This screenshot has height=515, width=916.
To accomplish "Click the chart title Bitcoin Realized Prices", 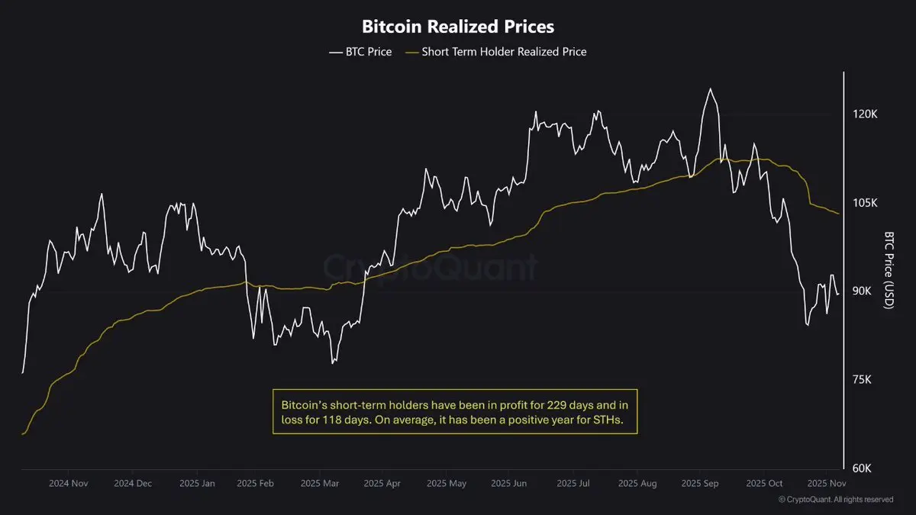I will [x=457, y=26].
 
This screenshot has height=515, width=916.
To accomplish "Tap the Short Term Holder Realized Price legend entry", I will [x=504, y=52].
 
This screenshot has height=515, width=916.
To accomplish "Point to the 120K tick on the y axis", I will [x=866, y=114].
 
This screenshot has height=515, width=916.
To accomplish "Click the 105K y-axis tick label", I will [x=866, y=203].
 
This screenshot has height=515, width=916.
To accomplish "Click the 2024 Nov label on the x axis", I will [x=69, y=484].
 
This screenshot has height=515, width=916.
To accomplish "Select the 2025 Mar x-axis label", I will [x=321, y=484].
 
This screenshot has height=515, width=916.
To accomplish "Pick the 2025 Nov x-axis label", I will [x=827, y=484].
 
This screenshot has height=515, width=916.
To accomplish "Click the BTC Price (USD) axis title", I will [x=888, y=270].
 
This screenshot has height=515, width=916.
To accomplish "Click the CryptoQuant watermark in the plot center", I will [x=431, y=268].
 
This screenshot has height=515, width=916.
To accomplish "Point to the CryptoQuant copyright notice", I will [x=835, y=500].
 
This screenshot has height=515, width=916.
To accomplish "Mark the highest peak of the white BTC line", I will [x=710, y=89].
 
